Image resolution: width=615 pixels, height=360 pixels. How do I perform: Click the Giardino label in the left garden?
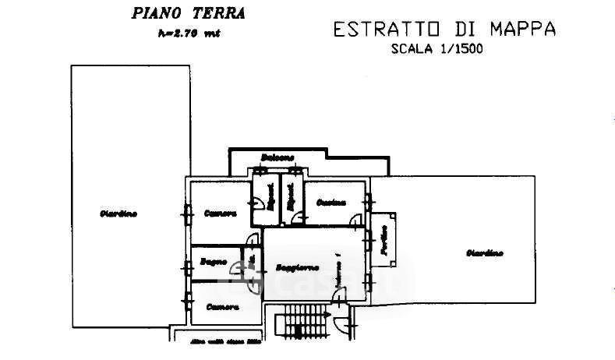[118, 214]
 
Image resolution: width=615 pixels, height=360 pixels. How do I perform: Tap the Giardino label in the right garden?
[485, 252]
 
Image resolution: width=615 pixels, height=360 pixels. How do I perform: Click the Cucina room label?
[331, 203]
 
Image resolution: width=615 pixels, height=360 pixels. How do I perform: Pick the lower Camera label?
[222, 306]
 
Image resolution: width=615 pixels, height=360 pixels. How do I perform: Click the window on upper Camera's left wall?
[186, 210]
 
